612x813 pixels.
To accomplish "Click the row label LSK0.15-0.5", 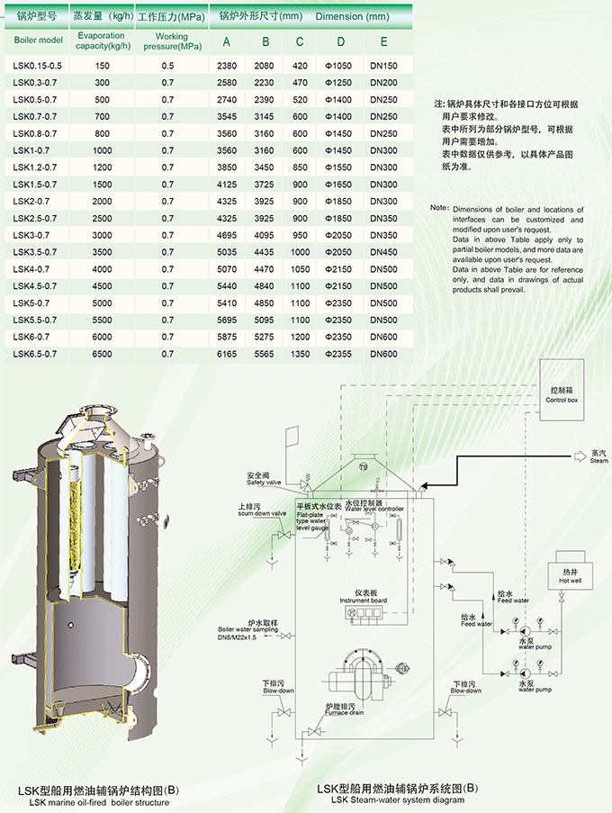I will click(x=38, y=66).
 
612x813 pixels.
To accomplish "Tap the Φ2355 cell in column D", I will click(x=341, y=355).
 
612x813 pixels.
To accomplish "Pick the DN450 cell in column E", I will click(x=383, y=252).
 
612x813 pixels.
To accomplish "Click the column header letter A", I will click(x=227, y=41).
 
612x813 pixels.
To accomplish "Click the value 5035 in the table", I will click(x=227, y=252).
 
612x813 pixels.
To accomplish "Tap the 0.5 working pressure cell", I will click(x=167, y=66).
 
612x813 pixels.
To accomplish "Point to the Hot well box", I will click(x=570, y=576).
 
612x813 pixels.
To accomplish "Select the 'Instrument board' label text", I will click(x=364, y=600).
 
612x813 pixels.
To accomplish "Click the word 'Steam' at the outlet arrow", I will click(x=599, y=461).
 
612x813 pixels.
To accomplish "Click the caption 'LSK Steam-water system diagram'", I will click(x=397, y=799).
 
